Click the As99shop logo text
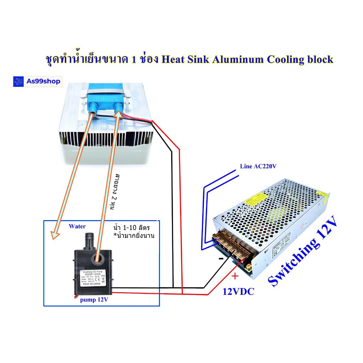pos(43,82)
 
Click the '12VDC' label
pos(238,292)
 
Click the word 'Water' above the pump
pos(77,226)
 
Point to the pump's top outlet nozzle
pos(89,240)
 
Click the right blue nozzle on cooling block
pos(119,107)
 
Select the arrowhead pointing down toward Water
pos(54,234)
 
